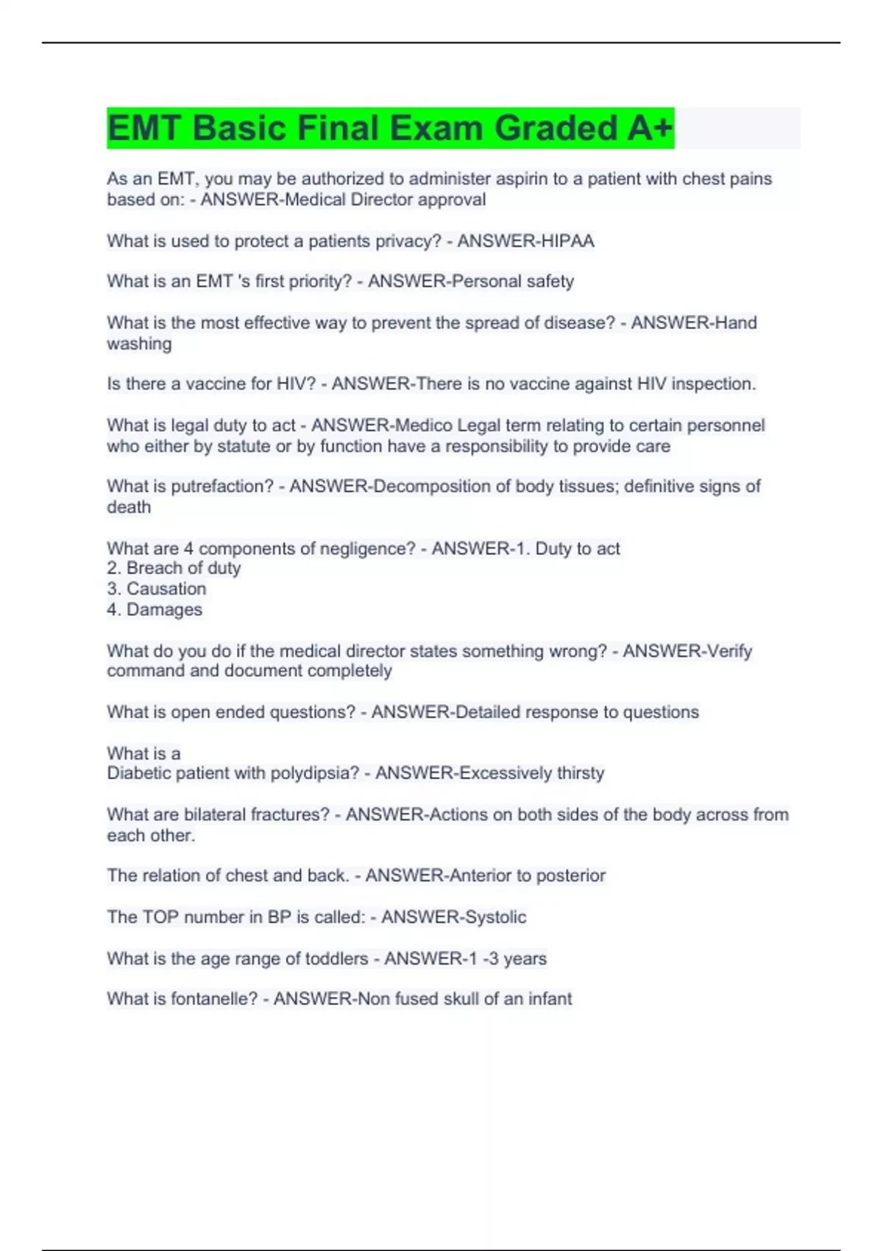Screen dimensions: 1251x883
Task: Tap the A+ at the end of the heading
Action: [x=650, y=128]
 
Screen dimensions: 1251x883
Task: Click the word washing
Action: [x=139, y=344]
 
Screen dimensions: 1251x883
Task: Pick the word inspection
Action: [x=713, y=384]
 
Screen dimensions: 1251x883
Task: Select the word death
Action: [x=129, y=507]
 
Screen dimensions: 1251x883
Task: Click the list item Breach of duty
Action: [x=183, y=568]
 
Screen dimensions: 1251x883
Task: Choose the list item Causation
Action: [x=166, y=589]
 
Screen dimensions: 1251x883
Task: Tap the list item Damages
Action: [x=164, y=609]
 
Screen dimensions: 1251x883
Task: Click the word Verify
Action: [x=729, y=651]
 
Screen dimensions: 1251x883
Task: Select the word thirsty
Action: [x=580, y=773]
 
